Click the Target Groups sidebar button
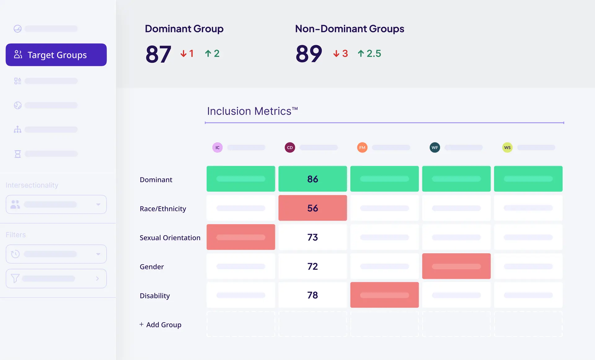point(56,55)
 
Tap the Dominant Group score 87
point(158,54)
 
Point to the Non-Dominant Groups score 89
point(309,54)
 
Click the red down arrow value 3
point(341,54)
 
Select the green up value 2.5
point(370,54)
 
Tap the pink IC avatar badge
point(217,147)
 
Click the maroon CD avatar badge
point(290,147)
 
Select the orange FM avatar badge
point(362,147)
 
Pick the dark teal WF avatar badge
point(435,147)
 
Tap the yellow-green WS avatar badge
point(507,147)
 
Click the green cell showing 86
point(312,179)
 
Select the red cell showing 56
point(312,208)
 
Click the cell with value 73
point(312,237)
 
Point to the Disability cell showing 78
point(312,295)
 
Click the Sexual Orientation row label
point(170,238)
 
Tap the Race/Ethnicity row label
point(163,209)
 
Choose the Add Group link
point(161,325)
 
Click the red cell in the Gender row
point(456,266)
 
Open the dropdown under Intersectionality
point(56,204)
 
